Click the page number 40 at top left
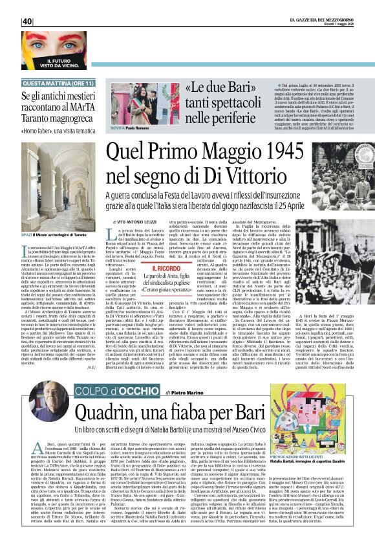click(x=27, y=21)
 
